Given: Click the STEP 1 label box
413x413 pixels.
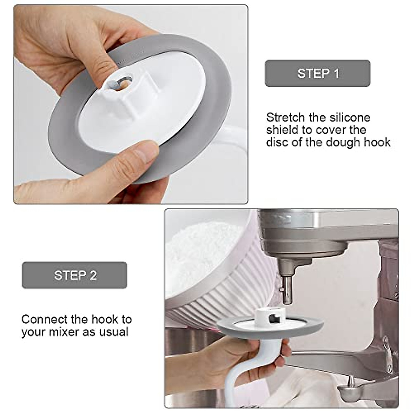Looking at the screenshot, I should pos(317,73).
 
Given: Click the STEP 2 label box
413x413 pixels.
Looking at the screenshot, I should pos(74,275).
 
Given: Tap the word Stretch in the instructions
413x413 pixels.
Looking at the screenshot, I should pos(286,118).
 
